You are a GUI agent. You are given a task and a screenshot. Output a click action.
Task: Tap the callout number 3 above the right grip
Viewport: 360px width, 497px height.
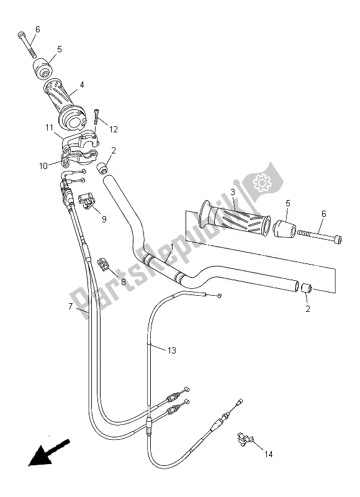click(232, 193)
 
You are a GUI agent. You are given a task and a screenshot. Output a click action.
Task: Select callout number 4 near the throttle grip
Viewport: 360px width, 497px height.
click(82, 84)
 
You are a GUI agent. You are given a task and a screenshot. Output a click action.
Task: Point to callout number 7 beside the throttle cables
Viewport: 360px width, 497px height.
click(70, 307)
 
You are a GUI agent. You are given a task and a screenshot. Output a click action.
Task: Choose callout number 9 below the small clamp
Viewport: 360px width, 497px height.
click(104, 219)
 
